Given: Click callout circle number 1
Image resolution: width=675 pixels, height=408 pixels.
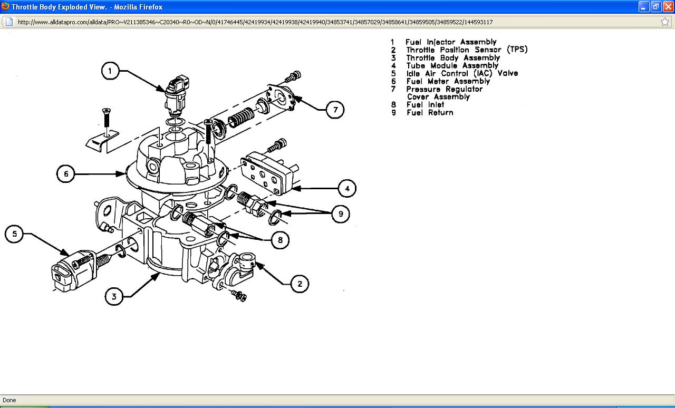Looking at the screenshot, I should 110,71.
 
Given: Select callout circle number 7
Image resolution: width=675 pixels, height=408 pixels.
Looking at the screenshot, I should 335,110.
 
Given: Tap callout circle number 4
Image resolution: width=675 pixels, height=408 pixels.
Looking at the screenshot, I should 346,188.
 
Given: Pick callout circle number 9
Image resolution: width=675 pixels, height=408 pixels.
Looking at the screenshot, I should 340,213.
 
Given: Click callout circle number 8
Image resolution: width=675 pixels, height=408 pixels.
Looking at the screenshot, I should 280,240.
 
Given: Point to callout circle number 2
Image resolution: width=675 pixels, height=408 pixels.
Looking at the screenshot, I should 300,284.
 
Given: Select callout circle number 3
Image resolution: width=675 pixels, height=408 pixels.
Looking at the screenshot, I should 114,296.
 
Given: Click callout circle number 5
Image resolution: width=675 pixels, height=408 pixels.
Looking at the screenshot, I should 15,234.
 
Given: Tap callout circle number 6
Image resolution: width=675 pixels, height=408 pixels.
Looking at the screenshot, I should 66,174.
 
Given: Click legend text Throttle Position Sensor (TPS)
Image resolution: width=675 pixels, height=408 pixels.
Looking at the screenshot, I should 466,50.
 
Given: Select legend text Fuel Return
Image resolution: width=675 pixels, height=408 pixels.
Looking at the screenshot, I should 429,112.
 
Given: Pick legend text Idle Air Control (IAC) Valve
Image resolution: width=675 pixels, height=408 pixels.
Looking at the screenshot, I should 461,73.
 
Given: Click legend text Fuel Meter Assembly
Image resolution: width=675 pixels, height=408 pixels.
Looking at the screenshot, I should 448,81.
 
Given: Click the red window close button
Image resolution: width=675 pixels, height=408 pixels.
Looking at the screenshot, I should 668,7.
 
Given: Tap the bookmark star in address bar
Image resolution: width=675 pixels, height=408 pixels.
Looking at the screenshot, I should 665,22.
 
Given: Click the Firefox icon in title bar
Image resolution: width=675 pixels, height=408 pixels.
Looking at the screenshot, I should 5,7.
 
